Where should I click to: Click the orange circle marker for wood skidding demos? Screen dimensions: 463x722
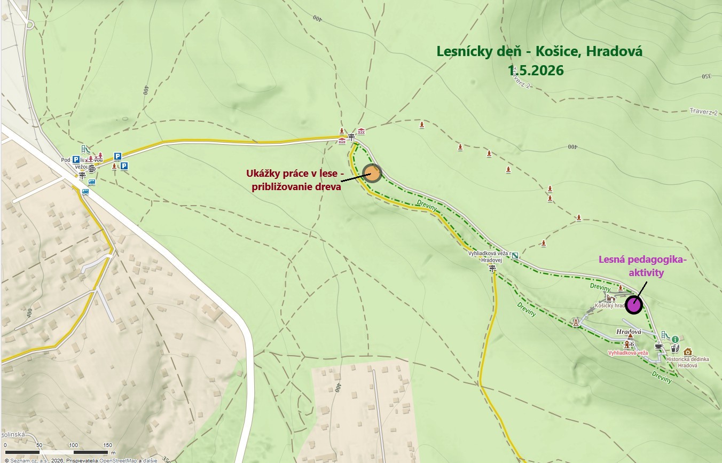coord(372,173)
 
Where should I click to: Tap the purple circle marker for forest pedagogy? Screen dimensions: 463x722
coord(634,305)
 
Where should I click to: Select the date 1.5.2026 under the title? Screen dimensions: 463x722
coord(536,70)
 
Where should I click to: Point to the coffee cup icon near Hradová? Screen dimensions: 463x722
coord(659,347)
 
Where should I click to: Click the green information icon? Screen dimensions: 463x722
coord(675,339)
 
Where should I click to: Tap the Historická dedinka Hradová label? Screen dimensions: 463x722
coord(688,362)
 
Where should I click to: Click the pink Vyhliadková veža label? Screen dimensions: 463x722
coord(628,353)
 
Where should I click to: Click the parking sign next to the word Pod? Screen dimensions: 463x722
coord(76,159)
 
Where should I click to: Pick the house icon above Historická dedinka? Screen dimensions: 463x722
coord(687,351)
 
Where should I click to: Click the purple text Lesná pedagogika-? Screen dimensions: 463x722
coord(641,260)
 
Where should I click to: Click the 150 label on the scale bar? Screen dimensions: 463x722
coord(107,445)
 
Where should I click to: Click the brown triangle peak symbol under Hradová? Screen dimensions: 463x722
coord(630,336)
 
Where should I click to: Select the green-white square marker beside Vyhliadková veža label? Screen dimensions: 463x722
coord(515,255)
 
